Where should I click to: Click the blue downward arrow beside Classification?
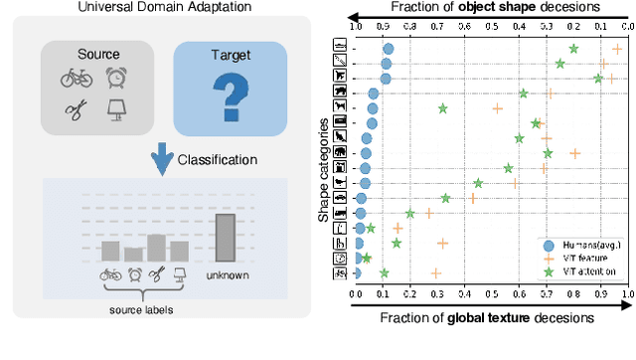(x=155, y=159)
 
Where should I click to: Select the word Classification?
(x=218, y=159)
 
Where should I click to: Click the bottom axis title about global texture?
(x=491, y=318)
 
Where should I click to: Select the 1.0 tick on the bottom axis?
(x=629, y=294)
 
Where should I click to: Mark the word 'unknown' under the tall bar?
(x=227, y=275)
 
